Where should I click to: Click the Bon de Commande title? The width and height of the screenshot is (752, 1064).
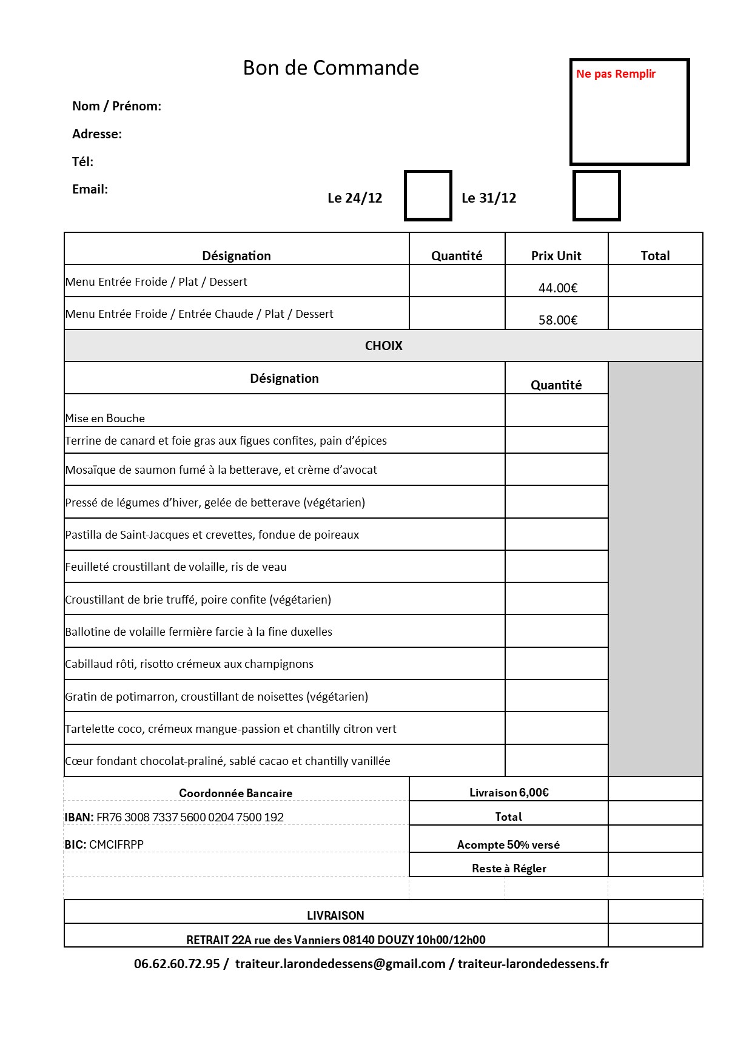tap(331, 68)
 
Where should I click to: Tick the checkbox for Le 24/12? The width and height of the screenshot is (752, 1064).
tap(428, 196)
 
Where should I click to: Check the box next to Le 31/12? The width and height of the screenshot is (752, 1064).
tap(597, 196)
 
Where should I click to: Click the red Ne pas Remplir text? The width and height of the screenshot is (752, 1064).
tap(616, 74)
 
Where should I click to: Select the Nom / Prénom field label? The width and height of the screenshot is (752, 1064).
tap(116, 106)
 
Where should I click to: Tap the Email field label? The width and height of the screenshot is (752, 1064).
tap(90, 189)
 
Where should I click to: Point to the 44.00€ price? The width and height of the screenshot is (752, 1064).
tap(558, 288)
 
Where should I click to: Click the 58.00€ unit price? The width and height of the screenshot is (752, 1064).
tap(558, 320)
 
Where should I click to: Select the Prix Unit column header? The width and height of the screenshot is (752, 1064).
tap(556, 256)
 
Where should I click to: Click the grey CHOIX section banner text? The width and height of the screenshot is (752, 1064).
tap(383, 346)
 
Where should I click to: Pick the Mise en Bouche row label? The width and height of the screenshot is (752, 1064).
tap(105, 419)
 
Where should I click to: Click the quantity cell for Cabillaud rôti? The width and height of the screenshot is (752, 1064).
tap(556, 664)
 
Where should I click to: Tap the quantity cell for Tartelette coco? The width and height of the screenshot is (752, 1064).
tap(556, 729)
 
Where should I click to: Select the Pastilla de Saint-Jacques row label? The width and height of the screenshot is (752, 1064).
tap(212, 535)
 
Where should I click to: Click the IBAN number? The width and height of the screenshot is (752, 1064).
tap(190, 818)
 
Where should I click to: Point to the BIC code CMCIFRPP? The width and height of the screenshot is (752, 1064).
tap(116, 844)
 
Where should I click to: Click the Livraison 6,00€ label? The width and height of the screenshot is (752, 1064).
tap(509, 793)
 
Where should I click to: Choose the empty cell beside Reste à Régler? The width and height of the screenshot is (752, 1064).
tap(655, 865)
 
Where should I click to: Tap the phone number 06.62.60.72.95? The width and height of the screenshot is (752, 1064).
tap(177, 964)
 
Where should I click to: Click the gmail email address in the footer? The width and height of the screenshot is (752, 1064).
tap(340, 964)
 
